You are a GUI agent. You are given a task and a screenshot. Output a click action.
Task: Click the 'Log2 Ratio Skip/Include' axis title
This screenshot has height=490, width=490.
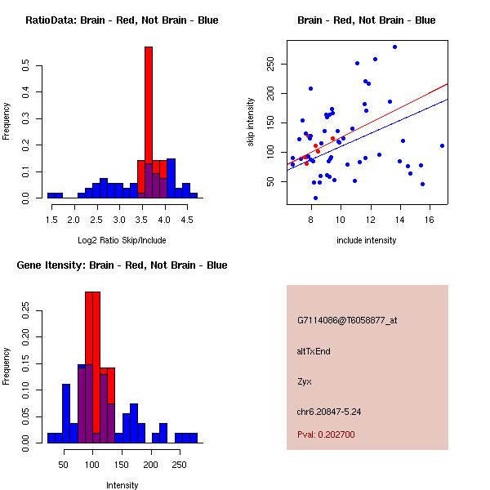click(122, 239)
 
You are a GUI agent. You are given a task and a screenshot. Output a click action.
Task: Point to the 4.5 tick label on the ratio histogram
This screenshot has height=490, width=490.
click(186, 219)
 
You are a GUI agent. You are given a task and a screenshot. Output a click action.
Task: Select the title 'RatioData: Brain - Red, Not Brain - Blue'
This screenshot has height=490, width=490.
click(122, 20)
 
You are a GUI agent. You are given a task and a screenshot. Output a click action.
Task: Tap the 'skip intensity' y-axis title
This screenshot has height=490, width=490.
click(251, 122)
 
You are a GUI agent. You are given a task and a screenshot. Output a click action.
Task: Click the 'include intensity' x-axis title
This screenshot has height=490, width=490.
click(367, 240)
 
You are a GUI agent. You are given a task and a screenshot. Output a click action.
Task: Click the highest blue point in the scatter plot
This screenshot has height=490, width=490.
click(394, 47)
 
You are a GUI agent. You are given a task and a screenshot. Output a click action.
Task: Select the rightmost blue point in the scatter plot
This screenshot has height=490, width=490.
click(442, 146)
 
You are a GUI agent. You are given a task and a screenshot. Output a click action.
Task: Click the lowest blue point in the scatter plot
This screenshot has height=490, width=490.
click(315, 198)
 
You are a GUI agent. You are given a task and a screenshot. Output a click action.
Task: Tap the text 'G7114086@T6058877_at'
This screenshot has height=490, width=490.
click(347, 321)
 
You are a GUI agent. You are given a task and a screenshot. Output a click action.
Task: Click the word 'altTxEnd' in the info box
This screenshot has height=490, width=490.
click(314, 351)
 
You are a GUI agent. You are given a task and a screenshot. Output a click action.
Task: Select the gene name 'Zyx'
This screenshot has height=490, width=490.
click(305, 381)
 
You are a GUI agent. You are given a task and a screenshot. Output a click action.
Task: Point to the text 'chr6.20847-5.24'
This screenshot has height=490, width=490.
click(329, 412)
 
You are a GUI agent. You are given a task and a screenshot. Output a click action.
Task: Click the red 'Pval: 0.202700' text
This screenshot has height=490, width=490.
click(326, 435)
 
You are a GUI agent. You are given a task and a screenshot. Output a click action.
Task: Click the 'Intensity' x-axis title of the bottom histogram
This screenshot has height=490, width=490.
click(122, 485)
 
